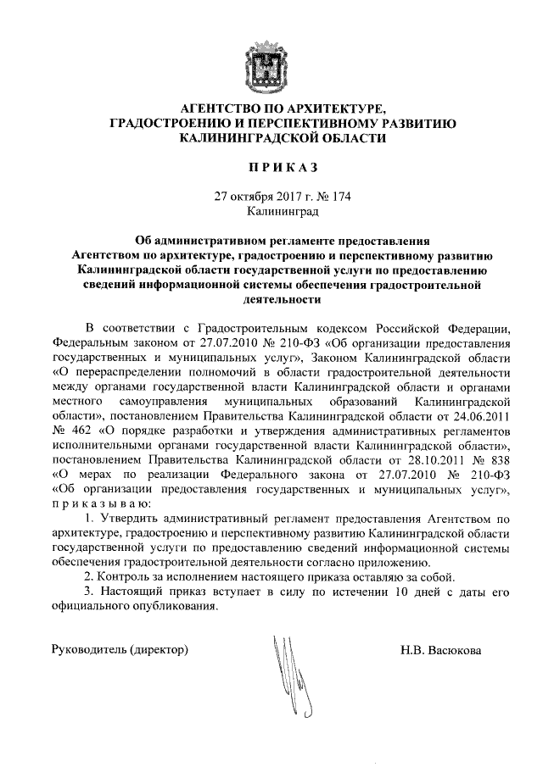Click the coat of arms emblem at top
[x=271, y=60]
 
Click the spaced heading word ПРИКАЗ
[x=271, y=170]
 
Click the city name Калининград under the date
[x=271, y=210]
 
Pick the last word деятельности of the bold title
[x=271, y=299]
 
